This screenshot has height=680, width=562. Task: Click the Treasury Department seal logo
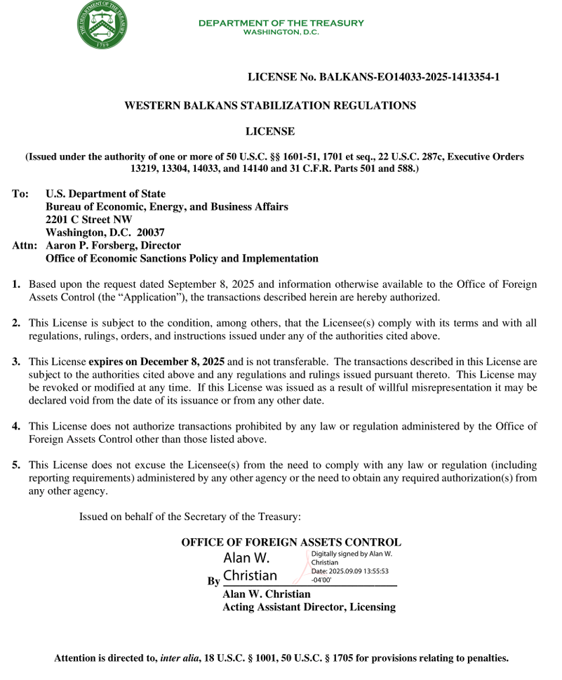tap(103, 25)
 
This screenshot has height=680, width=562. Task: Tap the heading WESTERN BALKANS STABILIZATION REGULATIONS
tap(270, 106)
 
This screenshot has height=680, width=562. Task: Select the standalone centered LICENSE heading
tap(270, 131)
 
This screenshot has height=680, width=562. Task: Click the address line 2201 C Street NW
tap(88, 220)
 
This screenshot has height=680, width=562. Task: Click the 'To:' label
tap(20, 194)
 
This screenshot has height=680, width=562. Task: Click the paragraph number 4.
tap(15, 426)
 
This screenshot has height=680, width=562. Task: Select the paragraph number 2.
tap(15, 323)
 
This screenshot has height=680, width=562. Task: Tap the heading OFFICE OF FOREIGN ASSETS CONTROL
tap(291, 542)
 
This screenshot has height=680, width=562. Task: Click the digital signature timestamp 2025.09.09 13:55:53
tap(359, 571)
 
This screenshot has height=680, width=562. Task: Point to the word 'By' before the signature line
tap(213, 581)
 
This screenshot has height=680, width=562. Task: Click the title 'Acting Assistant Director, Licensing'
tap(309, 607)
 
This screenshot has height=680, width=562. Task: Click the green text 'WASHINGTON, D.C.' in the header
tap(281, 32)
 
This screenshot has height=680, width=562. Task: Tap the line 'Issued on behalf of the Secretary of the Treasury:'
tap(190, 517)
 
